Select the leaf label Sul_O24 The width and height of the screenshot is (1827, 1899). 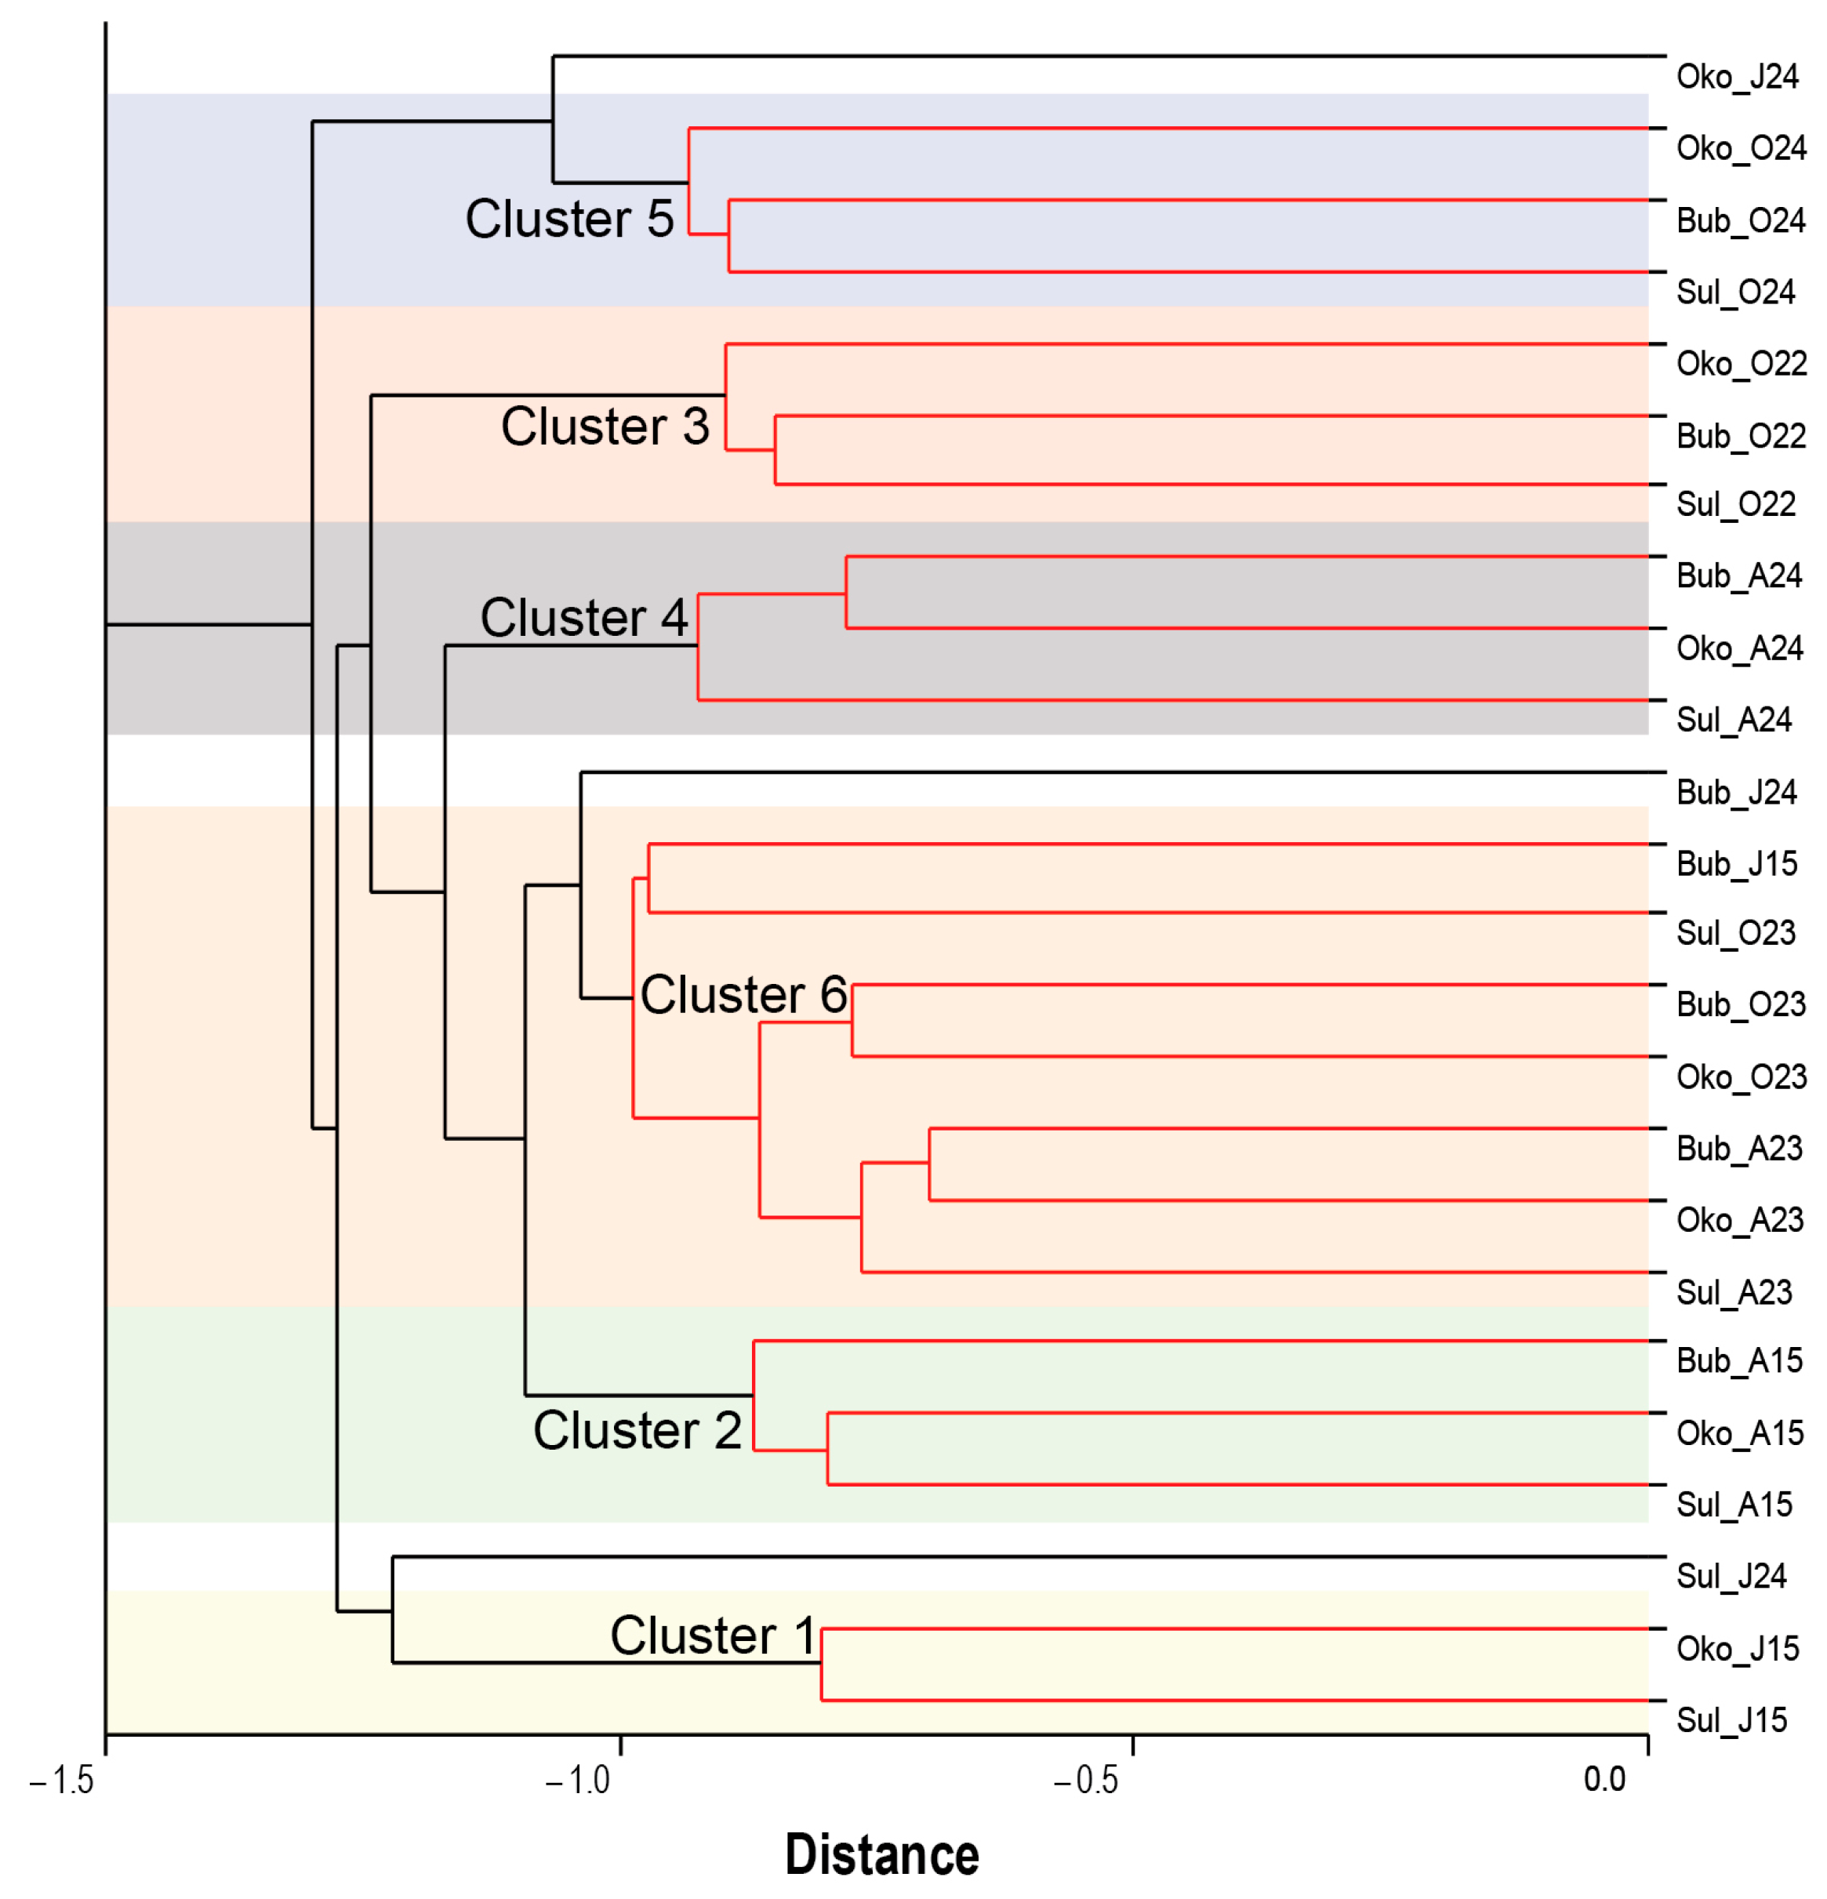(x=1735, y=292)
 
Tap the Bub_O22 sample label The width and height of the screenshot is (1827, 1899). (x=1741, y=436)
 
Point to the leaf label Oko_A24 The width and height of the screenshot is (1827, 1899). (x=1739, y=648)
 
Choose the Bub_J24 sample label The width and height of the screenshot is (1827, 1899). (x=1736, y=793)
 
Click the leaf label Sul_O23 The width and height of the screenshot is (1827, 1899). (x=1735, y=933)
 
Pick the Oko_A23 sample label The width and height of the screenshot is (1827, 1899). (x=1739, y=1220)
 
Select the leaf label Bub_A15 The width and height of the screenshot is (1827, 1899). (x=1739, y=1361)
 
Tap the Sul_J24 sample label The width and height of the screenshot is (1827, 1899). (x=1731, y=1577)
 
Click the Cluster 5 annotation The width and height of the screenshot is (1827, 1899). (x=569, y=218)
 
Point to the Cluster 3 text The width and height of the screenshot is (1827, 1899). (x=605, y=427)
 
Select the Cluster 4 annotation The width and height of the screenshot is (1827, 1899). (x=583, y=617)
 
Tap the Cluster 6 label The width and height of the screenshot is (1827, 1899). (x=743, y=994)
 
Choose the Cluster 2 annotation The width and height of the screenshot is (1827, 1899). (x=637, y=1430)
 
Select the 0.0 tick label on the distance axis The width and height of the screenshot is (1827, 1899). (x=1604, y=1780)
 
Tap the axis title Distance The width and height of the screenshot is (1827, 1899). (x=881, y=1854)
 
